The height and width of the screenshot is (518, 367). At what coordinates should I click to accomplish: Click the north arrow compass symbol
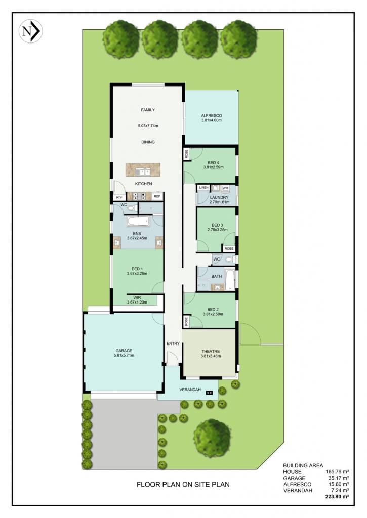coord(31,31)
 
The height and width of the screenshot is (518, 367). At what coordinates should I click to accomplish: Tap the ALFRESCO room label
coord(212,116)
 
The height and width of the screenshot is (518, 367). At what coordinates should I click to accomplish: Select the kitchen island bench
coord(143,169)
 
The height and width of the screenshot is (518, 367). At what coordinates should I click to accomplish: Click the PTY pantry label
coord(119,198)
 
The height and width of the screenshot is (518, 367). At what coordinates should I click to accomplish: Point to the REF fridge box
coord(157,196)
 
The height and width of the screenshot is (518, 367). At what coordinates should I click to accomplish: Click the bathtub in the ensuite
coord(138,222)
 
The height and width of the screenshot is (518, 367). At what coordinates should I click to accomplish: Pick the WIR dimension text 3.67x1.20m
coord(137,302)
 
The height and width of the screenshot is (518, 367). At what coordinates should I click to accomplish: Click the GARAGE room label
coord(124,351)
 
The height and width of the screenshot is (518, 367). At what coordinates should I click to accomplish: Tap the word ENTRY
coord(173,343)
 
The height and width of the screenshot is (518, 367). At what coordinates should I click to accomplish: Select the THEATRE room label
coord(211,351)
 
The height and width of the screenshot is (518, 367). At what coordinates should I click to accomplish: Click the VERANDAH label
coord(190,390)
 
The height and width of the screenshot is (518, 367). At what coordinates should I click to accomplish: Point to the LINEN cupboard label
coord(203,188)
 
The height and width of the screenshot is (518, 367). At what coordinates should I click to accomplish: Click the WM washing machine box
coord(225,188)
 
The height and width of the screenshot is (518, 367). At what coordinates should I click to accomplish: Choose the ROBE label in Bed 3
coord(229,248)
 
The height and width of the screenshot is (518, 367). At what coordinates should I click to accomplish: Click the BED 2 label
coord(213,310)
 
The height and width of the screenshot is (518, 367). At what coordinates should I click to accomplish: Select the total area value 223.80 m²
coord(337,496)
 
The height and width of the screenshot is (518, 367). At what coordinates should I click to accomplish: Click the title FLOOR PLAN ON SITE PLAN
coord(183,484)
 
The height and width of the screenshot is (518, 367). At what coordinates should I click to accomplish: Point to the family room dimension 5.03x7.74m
coord(148,126)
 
